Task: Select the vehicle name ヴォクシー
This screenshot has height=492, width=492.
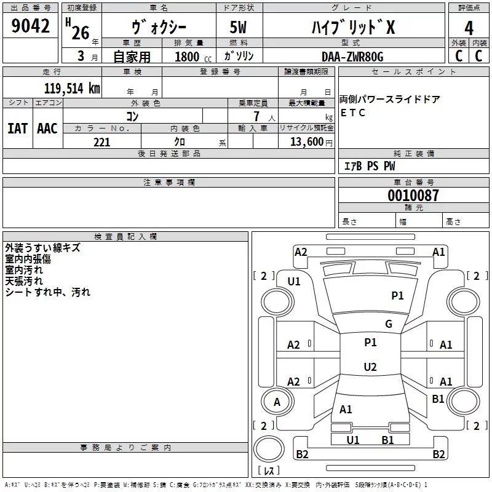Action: tap(158, 27)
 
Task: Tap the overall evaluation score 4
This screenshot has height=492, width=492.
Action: tap(469, 28)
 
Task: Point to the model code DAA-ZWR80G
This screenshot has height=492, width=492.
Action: tap(352, 57)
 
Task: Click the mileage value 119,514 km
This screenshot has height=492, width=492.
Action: tap(72, 88)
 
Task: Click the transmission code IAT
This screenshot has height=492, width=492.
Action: tap(17, 129)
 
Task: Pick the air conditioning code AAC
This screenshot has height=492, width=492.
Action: tap(47, 129)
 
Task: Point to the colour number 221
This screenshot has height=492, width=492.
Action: tap(101, 142)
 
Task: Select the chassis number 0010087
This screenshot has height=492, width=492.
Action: tap(413, 196)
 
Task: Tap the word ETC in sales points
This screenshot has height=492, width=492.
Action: tap(353, 113)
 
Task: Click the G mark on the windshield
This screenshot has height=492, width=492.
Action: tap(388, 324)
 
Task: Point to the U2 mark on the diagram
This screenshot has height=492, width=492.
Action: tap(370, 367)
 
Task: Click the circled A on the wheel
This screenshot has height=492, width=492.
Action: tap(276, 402)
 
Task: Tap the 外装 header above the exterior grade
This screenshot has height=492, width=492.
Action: tap(458, 42)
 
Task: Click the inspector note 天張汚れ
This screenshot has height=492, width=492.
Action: tap(24, 281)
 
